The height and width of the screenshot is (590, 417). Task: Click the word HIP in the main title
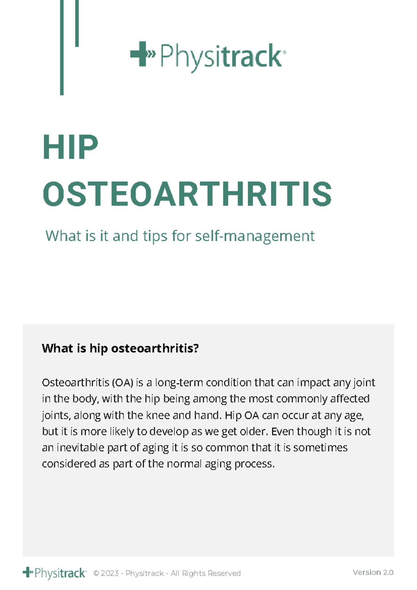[71, 147]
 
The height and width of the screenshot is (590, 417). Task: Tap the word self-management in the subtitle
[255, 236]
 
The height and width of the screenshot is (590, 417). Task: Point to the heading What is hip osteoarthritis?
[120, 348]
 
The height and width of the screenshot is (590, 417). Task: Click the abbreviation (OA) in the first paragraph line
[123, 382]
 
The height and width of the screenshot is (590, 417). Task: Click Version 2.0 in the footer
[373, 572]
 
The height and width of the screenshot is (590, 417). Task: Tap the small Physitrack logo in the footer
[55, 573]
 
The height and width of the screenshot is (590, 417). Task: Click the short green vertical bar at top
[77, 23]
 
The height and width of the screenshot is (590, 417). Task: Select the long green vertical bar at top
[62, 47]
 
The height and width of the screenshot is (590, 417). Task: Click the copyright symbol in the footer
[96, 573]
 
